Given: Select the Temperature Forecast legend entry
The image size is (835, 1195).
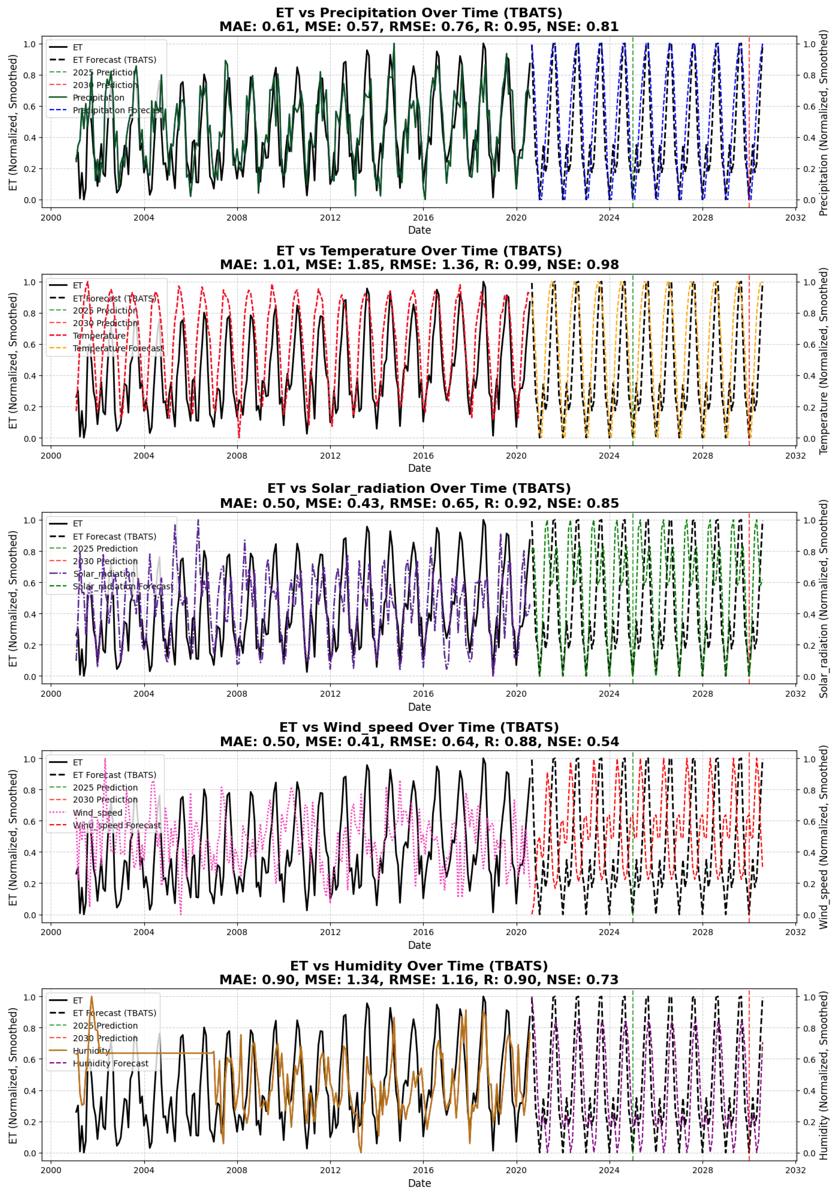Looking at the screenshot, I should point(117,348).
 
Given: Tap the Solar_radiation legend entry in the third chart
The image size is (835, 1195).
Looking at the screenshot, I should point(104,574).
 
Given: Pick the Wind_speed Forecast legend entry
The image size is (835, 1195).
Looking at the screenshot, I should point(116,826).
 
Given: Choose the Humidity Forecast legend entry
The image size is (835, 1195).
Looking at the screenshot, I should point(110,1063).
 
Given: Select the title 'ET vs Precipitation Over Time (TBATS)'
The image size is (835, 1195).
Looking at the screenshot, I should point(419,12).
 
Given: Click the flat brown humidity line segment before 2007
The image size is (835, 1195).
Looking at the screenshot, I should point(156,1053).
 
